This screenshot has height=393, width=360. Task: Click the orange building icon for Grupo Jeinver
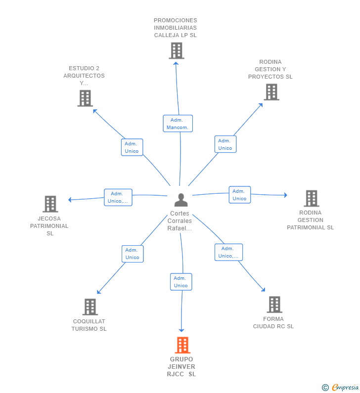tap(182, 345)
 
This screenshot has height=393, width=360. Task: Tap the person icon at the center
tap(181, 200)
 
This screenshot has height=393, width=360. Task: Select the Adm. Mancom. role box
tap(178, 123)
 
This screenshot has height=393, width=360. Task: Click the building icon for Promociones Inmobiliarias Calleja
tap(177, 50)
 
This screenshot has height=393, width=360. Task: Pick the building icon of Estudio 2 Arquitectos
tap(85, 98)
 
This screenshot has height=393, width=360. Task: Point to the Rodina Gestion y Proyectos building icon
tap(271, 92)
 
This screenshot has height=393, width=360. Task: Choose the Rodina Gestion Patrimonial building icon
tap(312, 198)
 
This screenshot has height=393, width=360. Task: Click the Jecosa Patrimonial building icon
tap(50, 204)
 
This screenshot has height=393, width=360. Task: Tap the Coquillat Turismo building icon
tap(90, 307)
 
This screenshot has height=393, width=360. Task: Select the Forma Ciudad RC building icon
tap(274, 305)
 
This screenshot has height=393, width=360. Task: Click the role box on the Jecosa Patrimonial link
tap(118, 197)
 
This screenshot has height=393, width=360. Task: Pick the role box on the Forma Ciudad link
tap(228, 252)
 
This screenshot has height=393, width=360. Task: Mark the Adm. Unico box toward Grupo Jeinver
tap(181, 282)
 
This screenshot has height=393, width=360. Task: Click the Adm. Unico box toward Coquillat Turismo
tap(133, 254)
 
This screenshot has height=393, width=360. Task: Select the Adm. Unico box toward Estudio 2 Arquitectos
tap(132, 147)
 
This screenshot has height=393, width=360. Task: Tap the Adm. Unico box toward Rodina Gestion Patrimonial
tap(240, 195)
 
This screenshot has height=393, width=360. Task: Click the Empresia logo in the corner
tap(340, 388)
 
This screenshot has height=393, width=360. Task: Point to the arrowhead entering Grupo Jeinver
tap(181, 330)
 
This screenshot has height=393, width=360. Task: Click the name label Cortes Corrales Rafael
tap(180, 221)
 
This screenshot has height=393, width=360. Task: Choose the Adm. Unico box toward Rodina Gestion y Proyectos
tap(225, 144)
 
